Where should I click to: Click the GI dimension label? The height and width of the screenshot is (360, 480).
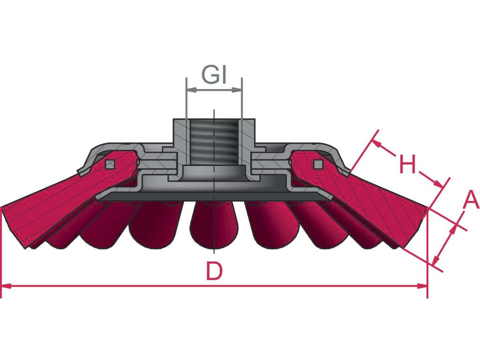coord(215,75)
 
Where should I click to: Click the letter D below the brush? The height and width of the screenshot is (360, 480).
coord(214,271)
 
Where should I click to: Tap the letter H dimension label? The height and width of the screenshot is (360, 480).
coord(407,165)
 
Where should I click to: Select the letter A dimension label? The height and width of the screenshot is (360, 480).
coord(471,201)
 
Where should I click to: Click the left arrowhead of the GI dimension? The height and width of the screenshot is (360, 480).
coord(190,90)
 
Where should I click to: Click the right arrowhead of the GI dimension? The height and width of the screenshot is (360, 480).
coord(238,90)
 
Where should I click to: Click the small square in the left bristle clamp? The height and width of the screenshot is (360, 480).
coord(110,164)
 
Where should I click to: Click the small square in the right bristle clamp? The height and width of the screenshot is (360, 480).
coord(318,164)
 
